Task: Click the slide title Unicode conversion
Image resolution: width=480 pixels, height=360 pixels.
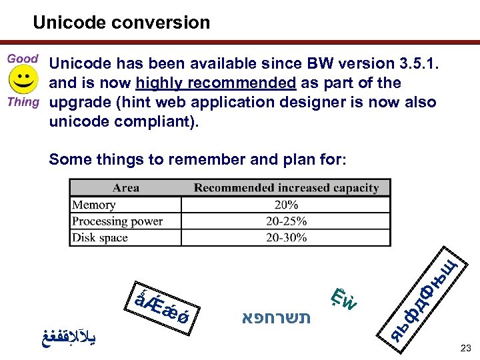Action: (x=121, y=23)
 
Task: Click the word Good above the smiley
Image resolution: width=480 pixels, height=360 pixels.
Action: (x=23, y=59)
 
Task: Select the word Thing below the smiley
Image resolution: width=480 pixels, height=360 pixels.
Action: (x=23, y=102)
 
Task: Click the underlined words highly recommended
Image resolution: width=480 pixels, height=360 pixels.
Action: (x=215, y=83)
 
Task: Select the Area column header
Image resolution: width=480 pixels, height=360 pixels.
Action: (x=126, y=188)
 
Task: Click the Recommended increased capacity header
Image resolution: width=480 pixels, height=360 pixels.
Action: (x=286, y=188)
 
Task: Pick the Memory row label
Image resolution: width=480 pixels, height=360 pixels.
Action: (x=94, y=205)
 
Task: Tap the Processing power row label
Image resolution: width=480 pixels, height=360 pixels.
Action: (x=117, y=221)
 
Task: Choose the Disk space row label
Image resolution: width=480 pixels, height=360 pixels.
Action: (x=101, y=237)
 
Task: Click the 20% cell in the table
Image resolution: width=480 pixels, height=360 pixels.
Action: (x=286, y=205)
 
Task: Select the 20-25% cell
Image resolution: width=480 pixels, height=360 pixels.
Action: (x=286, y=221)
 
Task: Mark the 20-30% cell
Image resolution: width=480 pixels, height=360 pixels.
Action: (x=286, y=237)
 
